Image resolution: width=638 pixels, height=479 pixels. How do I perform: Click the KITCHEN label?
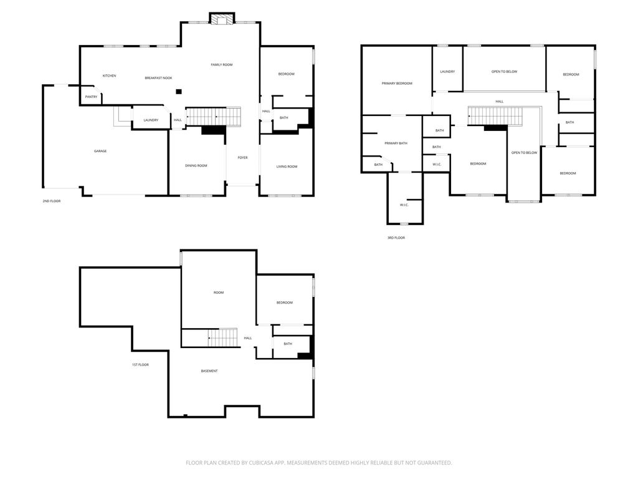pyautogui.click(x=109, y=76)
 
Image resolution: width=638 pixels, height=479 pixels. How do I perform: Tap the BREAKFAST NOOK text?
pyautogui.click(x=158, y=78)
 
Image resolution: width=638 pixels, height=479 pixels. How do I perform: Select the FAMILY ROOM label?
pyautogui.click(x=221, y=65)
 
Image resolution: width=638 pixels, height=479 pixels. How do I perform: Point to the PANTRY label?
pyautogui.click(x=91, y=97)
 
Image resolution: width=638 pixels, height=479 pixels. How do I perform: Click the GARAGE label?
pyautogui.click(x=100, y=151)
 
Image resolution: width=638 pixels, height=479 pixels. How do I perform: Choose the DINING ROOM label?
pyautogui.click(x=196, y=165)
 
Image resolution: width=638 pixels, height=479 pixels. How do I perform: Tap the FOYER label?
pyautogui.click(x=242, y=158)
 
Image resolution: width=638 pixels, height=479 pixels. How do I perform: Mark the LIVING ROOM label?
pyautogui.click(x=287, y=167)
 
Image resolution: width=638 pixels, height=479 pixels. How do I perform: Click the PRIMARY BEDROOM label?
pyautogui.click(x=397, y=84)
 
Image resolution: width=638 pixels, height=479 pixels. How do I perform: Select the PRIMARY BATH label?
pyautogui.click(x=396, y=143)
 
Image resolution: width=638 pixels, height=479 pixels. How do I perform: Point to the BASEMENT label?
pyautogui.click(x=209, y=371)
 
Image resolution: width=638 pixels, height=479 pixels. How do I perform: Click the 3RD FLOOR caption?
pyautogui.click(x=396, y=238)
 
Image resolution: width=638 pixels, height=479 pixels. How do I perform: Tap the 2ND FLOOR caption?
pyautogui.click(x=51, y=201)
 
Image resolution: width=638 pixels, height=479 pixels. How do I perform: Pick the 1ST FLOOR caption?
pyautogui.click(x=140, y=365)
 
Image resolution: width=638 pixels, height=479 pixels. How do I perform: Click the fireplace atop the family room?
pyautogui.click(x=220, y=19)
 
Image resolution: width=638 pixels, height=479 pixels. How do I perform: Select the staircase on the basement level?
pyautogui.click(x=222, y=338)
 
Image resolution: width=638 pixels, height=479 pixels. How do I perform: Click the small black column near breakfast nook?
pyautogui.click(x=179, y=92)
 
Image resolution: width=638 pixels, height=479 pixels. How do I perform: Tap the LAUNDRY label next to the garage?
pyautogui.click(x=151, y=120)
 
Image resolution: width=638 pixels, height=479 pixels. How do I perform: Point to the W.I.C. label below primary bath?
pyautogui.click(x=404, y=205)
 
